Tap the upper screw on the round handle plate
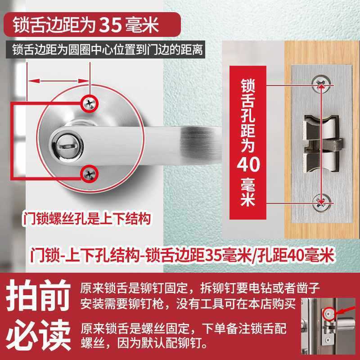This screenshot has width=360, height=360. [x=89, y=103]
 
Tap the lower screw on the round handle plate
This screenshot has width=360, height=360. [x=89, y=172]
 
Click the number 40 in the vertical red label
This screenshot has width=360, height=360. [x=248, y=165]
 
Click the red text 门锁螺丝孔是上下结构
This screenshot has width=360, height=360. [x=85, y=219]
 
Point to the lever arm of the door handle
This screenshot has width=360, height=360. [x=180, y=135]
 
